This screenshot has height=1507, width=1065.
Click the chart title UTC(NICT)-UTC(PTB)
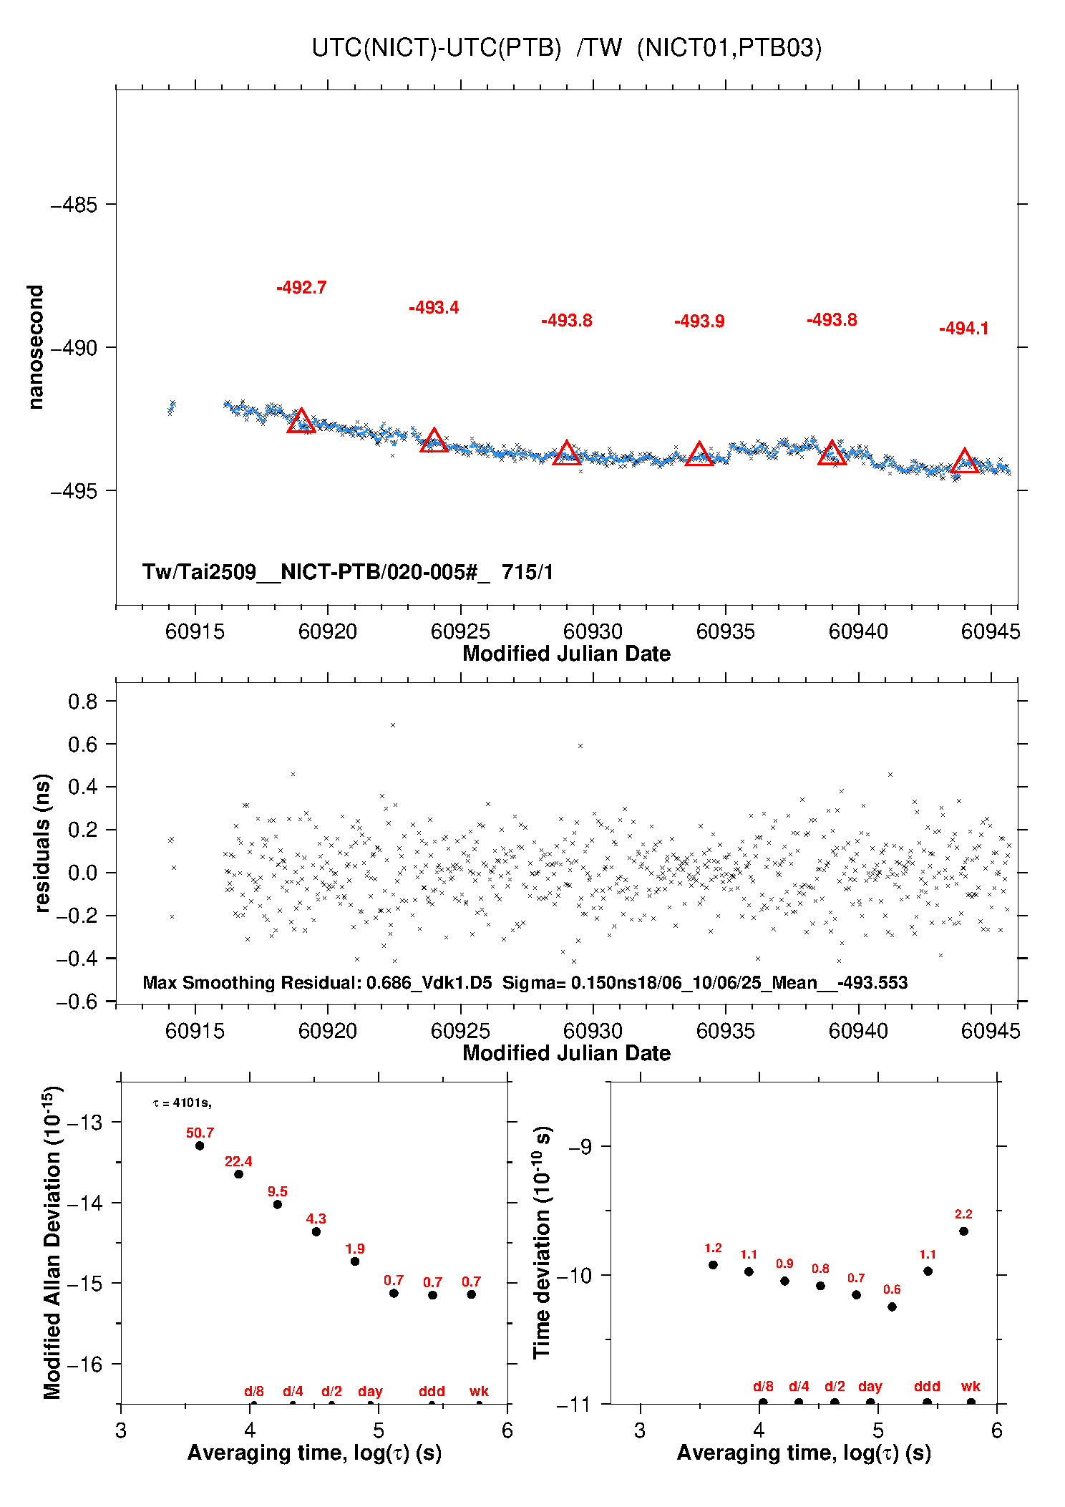437,48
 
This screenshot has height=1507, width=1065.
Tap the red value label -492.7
301,288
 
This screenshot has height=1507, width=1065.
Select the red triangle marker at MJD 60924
434,440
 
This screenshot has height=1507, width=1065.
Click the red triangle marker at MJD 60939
832,453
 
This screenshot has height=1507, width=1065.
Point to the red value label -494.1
964,329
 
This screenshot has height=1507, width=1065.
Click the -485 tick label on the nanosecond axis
74,205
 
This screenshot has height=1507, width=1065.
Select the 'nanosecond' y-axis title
35,347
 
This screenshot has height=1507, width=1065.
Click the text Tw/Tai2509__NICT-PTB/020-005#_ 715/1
348,572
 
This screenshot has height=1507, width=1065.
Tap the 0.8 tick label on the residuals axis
83,702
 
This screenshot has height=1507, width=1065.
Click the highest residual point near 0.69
393,725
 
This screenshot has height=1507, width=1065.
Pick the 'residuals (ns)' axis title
42,843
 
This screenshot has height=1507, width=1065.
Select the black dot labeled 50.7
200,1145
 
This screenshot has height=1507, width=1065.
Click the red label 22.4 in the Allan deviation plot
238,1161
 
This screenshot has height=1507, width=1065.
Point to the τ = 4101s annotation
182,1103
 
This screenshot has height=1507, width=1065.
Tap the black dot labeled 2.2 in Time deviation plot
963,1231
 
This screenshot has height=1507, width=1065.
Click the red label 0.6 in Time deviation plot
892,1289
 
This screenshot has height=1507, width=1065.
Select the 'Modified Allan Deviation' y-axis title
52,1242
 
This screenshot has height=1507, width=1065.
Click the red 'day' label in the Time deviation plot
870,1386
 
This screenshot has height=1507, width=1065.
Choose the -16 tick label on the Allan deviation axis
84,1365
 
